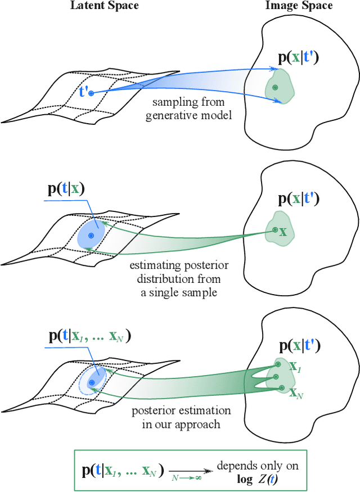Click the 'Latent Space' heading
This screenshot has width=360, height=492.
[x=104, y=6]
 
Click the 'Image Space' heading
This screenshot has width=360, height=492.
[x=299, y=6]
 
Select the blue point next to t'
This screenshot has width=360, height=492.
[x=91, y=92]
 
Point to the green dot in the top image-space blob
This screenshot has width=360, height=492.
[x=274, y=88]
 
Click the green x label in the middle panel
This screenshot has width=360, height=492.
[x=283, y=231]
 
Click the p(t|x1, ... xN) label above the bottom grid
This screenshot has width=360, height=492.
[x=89, y=336]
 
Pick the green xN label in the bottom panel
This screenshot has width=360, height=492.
[x=295, y=394]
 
